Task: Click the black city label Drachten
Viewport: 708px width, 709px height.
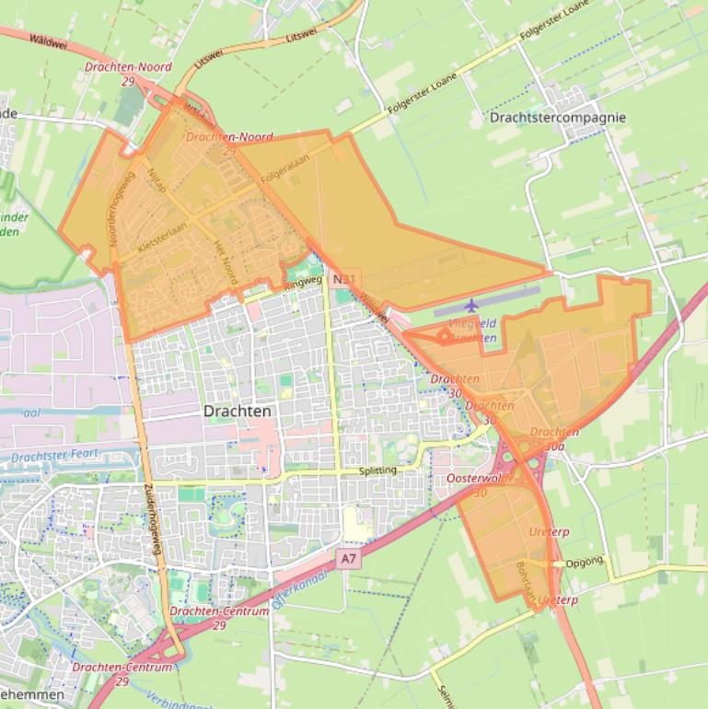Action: tap(238, 412)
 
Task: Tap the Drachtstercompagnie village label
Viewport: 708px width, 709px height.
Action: tap(558, 118)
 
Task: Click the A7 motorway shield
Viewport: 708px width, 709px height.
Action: tap(347, 558)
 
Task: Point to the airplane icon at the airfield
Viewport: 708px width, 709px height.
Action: tap(472, 305)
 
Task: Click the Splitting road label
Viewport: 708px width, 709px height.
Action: tap(377, 471)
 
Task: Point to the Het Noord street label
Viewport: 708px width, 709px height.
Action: tap(226, 262)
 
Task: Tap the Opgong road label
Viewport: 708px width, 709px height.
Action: tap(585, 561)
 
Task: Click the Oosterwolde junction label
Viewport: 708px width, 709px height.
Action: tap(479, 480)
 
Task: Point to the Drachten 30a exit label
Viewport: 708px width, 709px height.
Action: tap(554, 438)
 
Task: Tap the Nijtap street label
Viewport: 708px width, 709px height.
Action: tap(157, 177)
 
